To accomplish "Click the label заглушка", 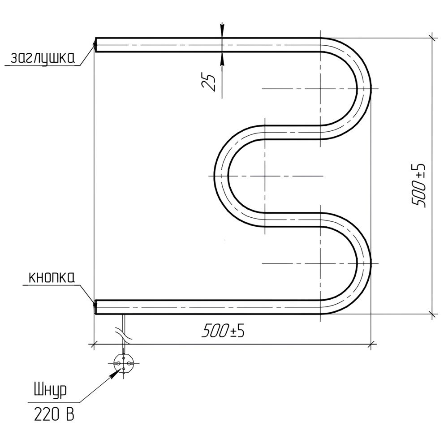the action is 43,58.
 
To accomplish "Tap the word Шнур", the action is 50,392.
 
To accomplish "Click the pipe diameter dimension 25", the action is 209,82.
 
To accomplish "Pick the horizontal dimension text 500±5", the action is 223,331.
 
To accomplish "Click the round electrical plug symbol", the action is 124,363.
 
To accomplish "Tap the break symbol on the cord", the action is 124,334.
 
